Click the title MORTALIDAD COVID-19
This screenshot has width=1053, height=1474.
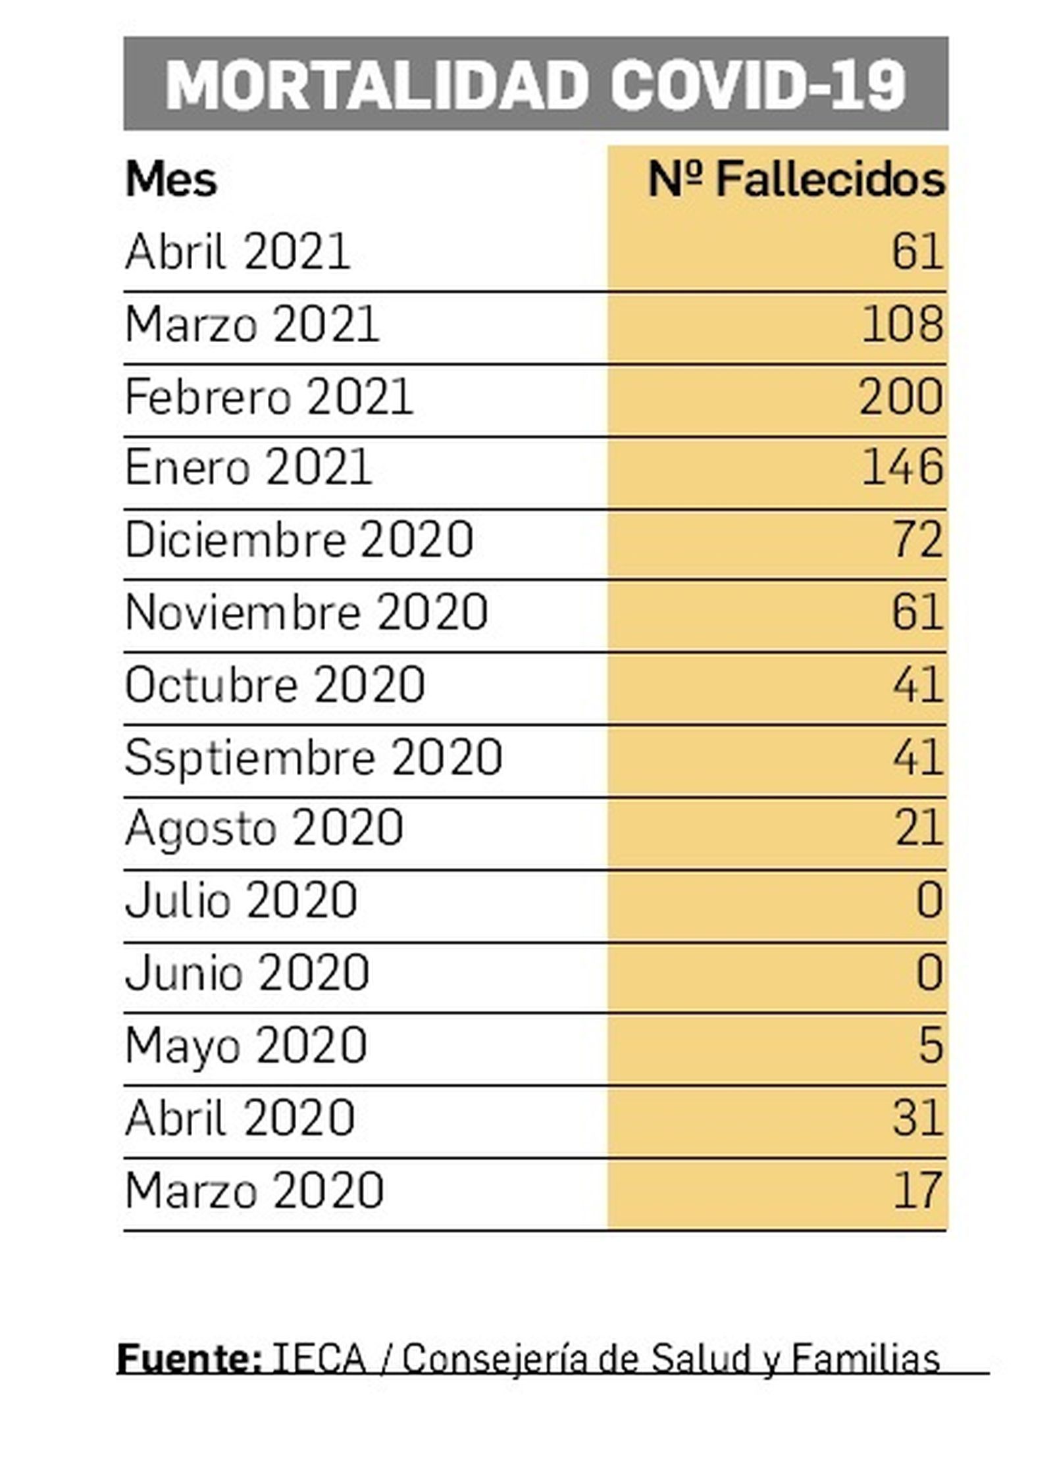coord(535,84)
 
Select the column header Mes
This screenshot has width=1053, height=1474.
coord(170,179)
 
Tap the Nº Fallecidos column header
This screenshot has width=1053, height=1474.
coord(796,179)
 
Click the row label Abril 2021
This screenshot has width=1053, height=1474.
coord(237,252)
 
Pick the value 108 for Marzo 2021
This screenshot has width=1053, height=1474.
coord(902,324)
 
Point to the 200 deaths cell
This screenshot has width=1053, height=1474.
coord(901,397)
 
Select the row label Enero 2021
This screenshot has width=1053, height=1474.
coord(248,468)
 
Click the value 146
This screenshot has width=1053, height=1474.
coord(902,468)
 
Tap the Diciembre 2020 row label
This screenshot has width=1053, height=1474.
coord(299,540)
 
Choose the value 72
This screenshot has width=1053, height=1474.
coord(917,540)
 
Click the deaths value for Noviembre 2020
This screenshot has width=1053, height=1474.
coord(917,613)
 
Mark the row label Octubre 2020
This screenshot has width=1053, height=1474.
coord(274,685)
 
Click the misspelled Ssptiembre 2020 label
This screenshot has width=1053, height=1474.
coord(313,757)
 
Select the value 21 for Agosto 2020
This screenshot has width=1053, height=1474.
coord(919,828)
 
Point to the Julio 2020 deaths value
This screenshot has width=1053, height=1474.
coord(929,901)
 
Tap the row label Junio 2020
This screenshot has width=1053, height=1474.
coord(247,973)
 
